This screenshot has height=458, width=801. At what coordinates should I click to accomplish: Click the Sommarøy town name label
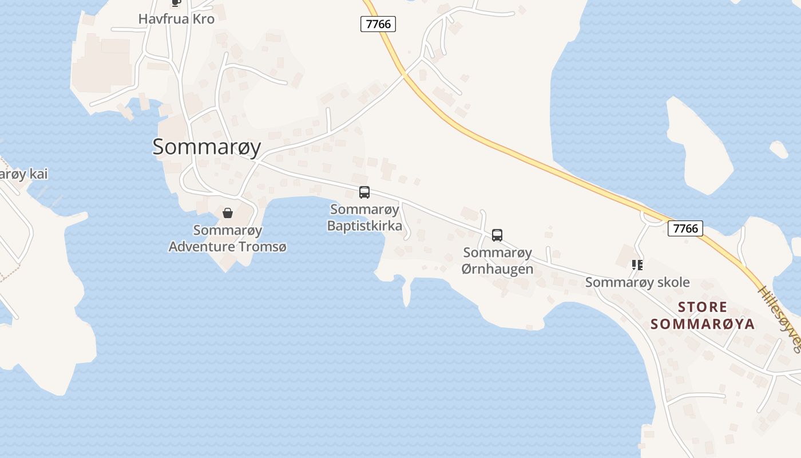click(x=207, y=147)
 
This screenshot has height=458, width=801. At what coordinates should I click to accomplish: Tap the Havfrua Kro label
click(x=176, y=19)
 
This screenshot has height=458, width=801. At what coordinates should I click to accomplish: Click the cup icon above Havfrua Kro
click(x=176, y=2)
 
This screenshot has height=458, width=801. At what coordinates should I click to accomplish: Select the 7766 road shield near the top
click(x=378, y=23)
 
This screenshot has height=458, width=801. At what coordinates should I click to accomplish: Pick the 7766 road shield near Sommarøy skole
click(x=685, y=228)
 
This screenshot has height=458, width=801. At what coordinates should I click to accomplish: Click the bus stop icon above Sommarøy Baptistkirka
click(x=364, y=192)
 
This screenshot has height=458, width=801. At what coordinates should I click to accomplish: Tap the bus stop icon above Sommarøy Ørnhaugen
click(x=497, y=235)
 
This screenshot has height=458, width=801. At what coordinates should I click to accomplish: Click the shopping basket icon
click(x=228, y=214)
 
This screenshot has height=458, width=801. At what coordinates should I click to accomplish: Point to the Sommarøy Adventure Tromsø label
click(x=228, y=239)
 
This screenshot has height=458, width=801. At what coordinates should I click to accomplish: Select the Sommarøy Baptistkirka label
click(x=364, y=218)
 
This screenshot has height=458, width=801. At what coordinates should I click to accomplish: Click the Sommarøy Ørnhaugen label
click(x=497, y=260)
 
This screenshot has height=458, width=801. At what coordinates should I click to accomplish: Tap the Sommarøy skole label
click(x=637, y=282)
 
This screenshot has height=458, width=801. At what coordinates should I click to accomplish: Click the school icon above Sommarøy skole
click(x=637, y=264)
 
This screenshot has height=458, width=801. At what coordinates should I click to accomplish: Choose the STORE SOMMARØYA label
click(x=703, y=315)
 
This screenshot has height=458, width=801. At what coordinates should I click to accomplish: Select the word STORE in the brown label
click(x=703, y=307)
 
